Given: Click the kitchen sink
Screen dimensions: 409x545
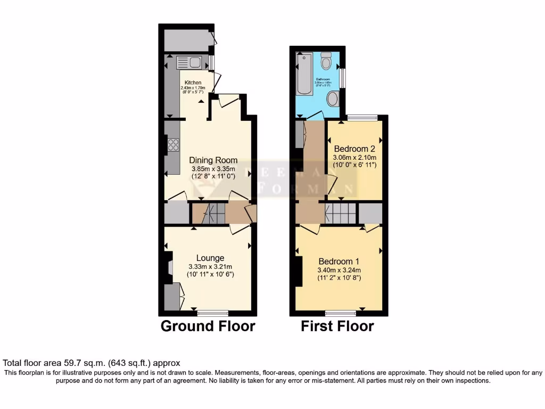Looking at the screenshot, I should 189,63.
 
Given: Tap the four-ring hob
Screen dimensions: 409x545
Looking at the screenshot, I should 173,144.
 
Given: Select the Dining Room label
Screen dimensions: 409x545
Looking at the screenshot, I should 213,160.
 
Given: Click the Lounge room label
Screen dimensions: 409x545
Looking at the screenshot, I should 210,258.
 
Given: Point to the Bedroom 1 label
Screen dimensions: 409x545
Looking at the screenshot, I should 339,261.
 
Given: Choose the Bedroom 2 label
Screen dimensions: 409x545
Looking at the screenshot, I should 354,149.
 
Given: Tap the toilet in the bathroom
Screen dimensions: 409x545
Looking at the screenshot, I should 327,61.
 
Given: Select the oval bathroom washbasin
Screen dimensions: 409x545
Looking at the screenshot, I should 333,99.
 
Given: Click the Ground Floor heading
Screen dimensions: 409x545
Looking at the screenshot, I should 208,326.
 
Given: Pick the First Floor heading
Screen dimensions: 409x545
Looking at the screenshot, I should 337,326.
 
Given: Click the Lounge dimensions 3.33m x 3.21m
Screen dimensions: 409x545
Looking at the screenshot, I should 210,267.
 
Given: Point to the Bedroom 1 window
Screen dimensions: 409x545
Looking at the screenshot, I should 341,312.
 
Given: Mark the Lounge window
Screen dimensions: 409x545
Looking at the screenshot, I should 212,312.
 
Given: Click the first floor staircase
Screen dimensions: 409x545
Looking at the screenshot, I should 341,213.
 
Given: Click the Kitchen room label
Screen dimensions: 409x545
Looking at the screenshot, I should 193,83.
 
